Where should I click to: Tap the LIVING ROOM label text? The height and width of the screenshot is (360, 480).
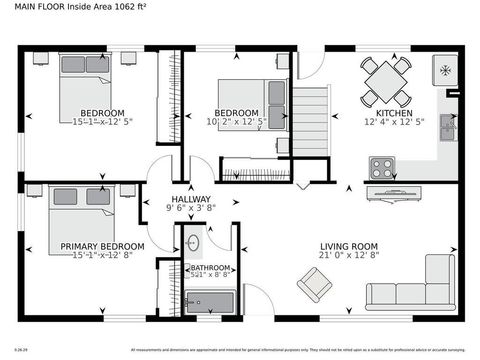pos(348,246)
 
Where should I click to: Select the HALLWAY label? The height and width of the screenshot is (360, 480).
pos(190,199)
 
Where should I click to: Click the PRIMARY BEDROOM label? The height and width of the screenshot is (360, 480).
pos(102,246)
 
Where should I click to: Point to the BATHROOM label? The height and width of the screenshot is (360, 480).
pos(211,268)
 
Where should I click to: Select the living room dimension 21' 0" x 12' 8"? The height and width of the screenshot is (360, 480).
pos(348,257)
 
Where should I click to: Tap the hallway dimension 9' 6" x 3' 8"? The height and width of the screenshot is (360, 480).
pos(190,209)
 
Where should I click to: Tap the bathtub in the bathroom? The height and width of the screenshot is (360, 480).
pos(210,300)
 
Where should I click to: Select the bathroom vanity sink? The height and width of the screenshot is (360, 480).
pos(193,241)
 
